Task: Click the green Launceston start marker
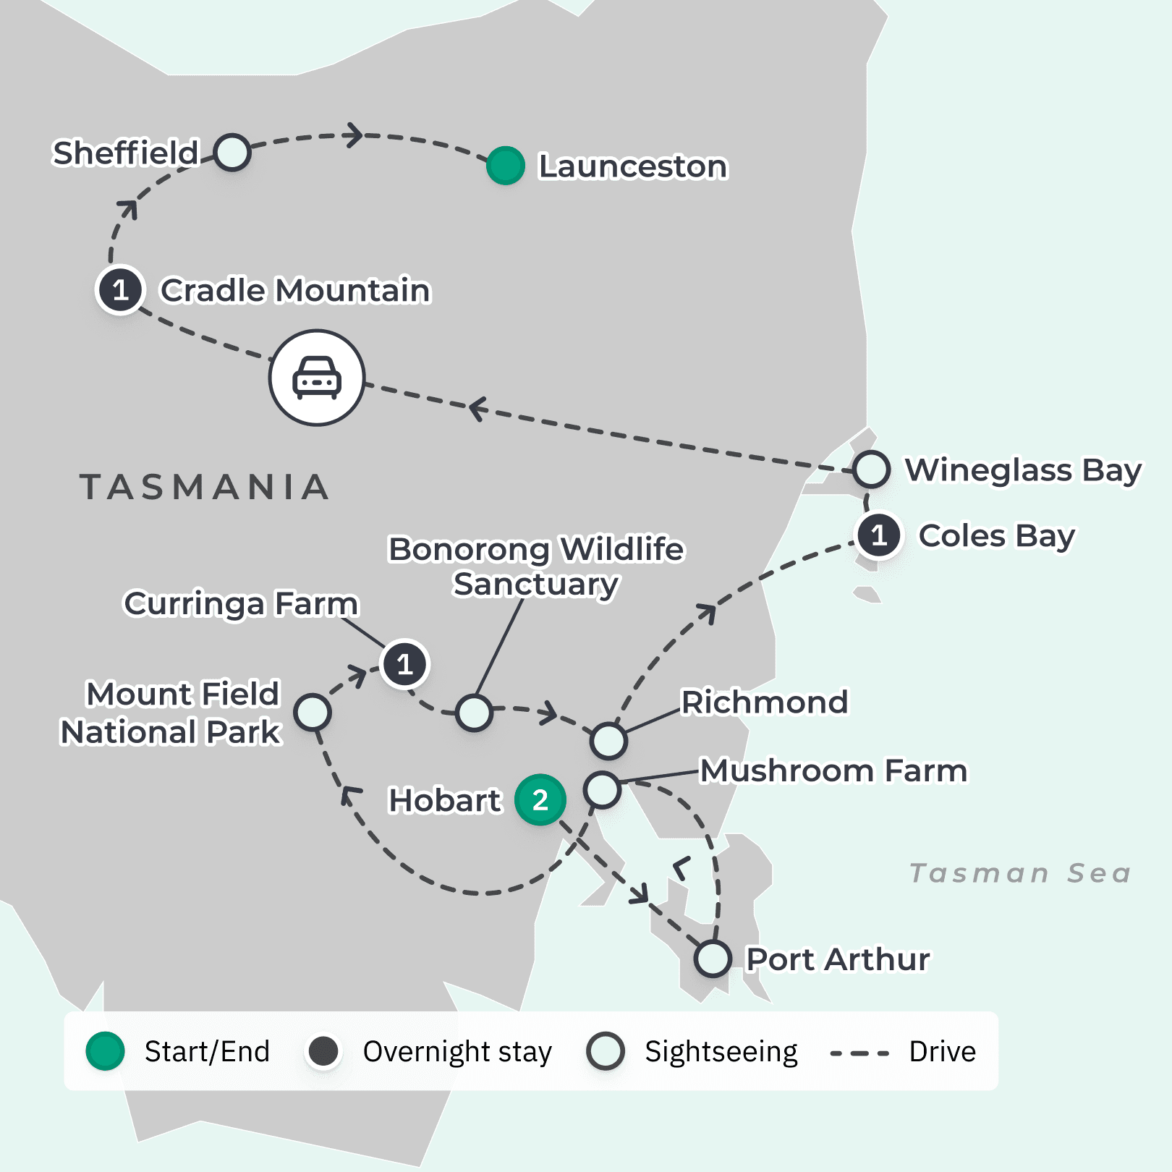click(505, 166)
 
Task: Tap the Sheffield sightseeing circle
click(232, 153)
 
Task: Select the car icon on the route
click(317, 378)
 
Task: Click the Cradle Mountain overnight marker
click(121, 289)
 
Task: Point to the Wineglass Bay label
click(1022, 470)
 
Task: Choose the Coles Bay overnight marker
click(879, 535)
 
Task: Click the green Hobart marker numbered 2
click(540, 799)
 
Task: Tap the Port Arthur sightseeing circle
click(713, 959)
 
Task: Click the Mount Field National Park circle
click(313, 713)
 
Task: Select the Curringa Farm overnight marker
click(404, 663)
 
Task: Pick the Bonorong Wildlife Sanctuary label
click(535, 566)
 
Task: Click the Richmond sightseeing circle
click(608, 740)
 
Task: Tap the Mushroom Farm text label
click(833, 770)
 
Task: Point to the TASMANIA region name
click(205, 487)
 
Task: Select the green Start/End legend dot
click(106, 1051)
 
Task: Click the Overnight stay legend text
click(457, 1051)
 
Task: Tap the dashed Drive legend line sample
click(859, 1053)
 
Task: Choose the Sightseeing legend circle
click(606, 1051)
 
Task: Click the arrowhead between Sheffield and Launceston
click(354, 135)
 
